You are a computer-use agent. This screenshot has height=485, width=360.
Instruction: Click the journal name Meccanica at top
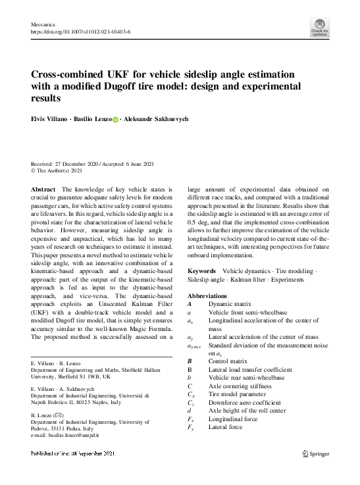click(44, 23)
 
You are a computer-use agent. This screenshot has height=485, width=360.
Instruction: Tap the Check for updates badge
click(319, 28)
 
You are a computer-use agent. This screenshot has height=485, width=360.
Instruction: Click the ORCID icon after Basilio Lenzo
click(116, 120)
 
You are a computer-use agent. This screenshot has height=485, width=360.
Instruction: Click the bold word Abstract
click(43, 189)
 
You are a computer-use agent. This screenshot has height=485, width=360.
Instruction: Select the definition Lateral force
click(225, 427)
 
